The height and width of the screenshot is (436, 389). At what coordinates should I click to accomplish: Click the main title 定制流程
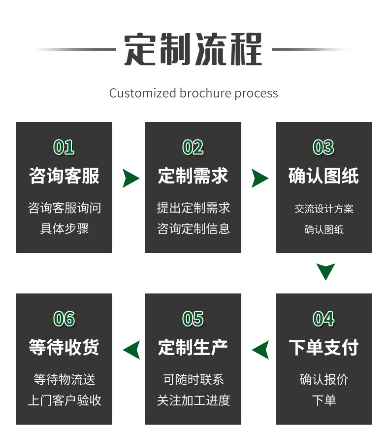(x=193, y=49)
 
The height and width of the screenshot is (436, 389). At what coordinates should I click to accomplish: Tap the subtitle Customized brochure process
(x=194, y=93)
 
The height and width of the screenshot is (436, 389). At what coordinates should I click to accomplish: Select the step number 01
(x=64, y=147)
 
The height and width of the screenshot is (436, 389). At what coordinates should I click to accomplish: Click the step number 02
(x=193, y=147)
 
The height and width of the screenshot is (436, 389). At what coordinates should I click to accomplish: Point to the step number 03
(x=324, y=147)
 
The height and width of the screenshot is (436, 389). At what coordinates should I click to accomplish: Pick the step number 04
(x=324, y=319)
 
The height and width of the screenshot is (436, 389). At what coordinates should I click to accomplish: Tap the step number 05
(x=193, y=319)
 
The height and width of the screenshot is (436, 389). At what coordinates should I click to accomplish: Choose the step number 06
(x=64, y=319)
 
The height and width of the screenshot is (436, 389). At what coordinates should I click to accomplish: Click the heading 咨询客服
(x=64, y=176)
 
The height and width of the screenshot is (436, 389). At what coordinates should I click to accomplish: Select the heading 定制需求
(x=193, y=176)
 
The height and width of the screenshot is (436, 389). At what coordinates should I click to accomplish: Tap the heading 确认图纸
(x=324, y=176)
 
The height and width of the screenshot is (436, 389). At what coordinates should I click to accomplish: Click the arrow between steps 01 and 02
(x=130, y=178)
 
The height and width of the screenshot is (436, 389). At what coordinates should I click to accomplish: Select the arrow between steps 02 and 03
(x=259, y=178)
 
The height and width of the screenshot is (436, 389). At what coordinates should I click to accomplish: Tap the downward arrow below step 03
(x=325, y=271)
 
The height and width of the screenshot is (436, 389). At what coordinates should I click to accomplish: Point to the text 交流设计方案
(x=324, y=209)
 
